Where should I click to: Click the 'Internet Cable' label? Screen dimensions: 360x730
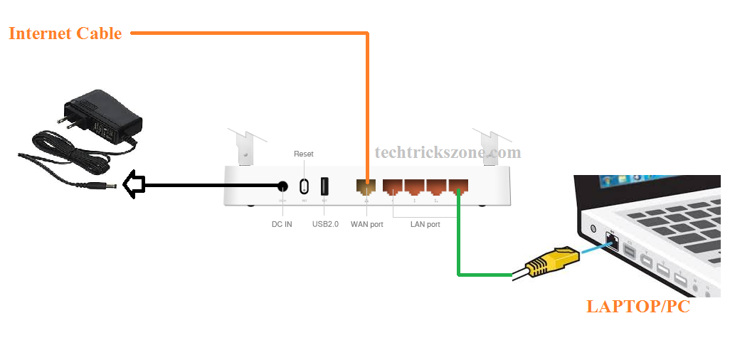pos(65,33)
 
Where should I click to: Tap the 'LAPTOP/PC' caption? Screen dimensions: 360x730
pos(638,307)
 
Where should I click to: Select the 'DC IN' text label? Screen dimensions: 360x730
pos(282,224)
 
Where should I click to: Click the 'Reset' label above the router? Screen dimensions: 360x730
pos(303,154)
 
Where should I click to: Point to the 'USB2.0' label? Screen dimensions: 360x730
pos(325,224)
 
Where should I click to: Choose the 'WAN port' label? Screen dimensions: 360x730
pos(366,224)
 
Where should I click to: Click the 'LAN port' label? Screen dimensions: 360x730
pos(425,224)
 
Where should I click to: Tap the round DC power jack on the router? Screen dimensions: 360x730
pos(282,186)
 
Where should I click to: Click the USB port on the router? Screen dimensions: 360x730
pos(325,186)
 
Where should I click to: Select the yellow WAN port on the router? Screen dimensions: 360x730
pos(366,187)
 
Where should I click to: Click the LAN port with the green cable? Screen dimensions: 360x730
pos(459,187)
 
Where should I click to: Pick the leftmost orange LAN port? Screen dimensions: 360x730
pos(393,187)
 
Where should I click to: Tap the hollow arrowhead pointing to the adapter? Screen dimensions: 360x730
pos(133,186)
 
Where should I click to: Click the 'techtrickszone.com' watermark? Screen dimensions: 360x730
pos(448,152)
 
